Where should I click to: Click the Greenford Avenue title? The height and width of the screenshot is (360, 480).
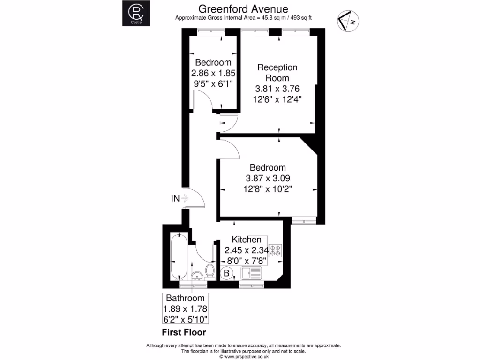pyautogui.click(x=243, y=9)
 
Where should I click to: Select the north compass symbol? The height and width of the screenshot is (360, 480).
pyautogui.click(x=348, y=21)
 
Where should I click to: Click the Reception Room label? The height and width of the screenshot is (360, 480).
pyautogui.click(x=277, y=73)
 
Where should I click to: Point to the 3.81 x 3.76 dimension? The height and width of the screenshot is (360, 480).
pyautogui.click(x=277, y=89)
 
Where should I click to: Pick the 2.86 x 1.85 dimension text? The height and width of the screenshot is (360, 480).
pyautogui.click(x=213, y=73)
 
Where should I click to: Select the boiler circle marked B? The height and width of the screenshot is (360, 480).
pyautogui.click(x=227, y=272)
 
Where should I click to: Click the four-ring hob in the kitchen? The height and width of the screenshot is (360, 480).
pyautogui.click(x=275, y=250)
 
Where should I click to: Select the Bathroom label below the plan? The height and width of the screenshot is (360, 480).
pyautogui.click(x=185, y=298)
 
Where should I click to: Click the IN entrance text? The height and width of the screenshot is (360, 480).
pyautogui.click(x=175, y=198)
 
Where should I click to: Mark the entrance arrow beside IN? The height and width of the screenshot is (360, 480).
pyautogui.click(x=184, y=198)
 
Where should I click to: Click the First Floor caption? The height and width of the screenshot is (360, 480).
pyautogui.click(x=184, y=333)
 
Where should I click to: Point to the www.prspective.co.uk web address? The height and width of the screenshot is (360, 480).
pyautogui.click(x=244, y=356)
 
